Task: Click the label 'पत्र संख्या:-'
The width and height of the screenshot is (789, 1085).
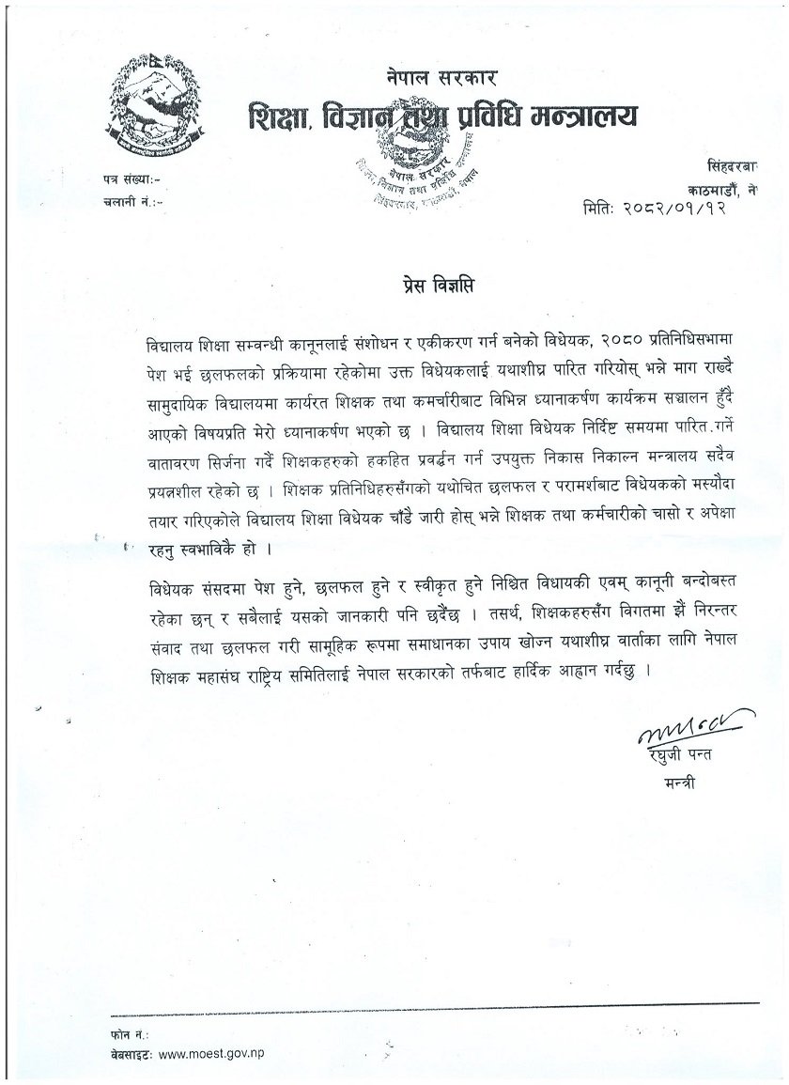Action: [130, 178]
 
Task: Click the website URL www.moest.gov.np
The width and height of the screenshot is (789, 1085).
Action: [211, 1052]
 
